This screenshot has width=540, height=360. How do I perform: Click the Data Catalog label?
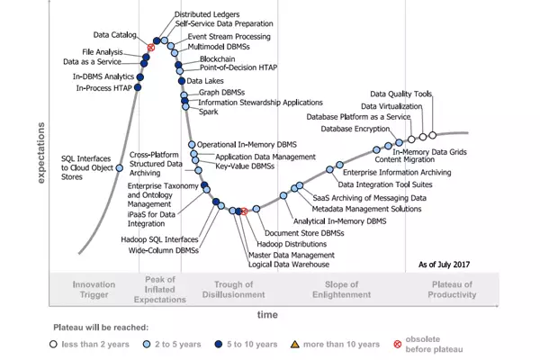(x=115, y=34)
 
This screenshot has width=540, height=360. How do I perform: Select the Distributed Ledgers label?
(x=207, y=15)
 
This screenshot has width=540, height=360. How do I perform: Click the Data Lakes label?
(x=205, y=81)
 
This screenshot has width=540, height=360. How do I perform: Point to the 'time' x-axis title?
(x=268, y=315)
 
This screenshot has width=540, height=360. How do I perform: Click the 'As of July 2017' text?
(x=446, y=264)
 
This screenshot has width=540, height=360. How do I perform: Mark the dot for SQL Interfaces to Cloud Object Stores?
(x=119, y=167)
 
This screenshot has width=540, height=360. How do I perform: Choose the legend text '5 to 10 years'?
(x=252, y=344)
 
